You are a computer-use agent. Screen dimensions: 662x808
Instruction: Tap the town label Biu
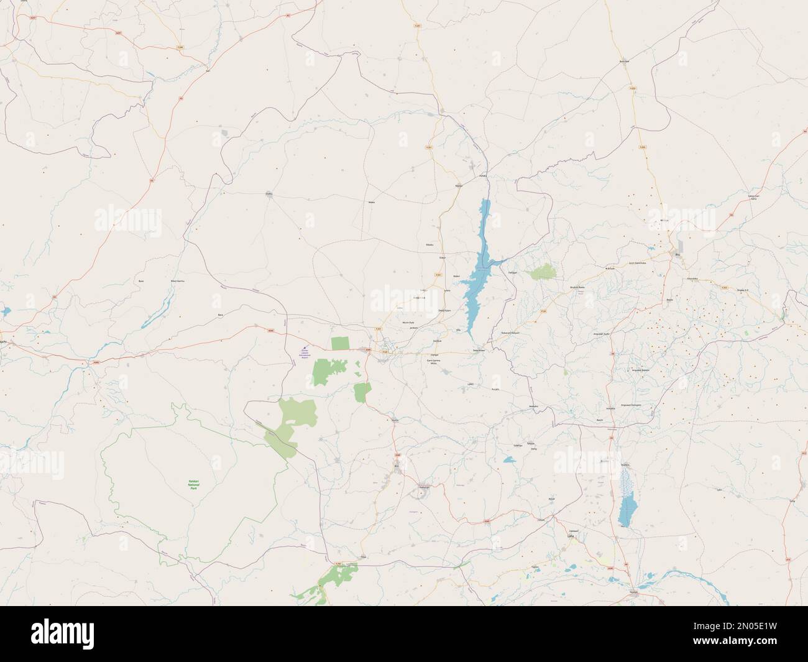pyautogui.click(x=677, y=254)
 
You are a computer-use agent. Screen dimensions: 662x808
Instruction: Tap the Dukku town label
pyautogui.click(x=269, y=193)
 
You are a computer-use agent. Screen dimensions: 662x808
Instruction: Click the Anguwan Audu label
pyautogui.click(x=604, y=334)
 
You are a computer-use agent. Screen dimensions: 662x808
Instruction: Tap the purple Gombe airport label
pyautogui.click(x=305, y=355)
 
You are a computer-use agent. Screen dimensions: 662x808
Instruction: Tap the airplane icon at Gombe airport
pyautogui.click(x=305, y=348)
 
